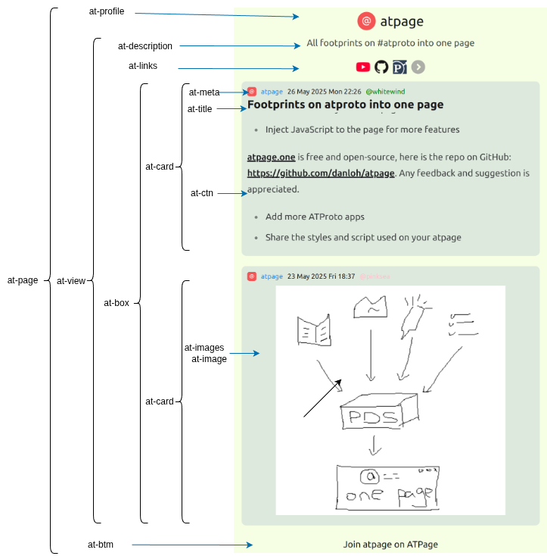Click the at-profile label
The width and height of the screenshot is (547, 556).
106,12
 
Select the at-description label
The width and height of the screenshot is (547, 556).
145,46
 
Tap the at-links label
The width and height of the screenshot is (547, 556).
143,66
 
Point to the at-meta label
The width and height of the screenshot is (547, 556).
204,92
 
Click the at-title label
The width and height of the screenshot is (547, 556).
200,109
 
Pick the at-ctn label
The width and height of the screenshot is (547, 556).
201,193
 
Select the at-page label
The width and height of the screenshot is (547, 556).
23,280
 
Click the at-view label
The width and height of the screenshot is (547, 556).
71,281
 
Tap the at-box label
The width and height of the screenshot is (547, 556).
117,302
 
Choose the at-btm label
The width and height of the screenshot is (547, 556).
101,544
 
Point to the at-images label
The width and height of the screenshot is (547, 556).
204,348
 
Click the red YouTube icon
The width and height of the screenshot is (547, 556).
363,67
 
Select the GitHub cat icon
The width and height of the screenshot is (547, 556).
381,67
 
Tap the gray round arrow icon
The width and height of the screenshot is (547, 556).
418,67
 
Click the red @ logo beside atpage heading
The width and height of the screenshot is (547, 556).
367,21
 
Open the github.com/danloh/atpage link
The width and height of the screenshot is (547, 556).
321,173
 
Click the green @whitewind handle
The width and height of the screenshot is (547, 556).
385,92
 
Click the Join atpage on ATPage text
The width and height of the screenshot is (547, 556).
390,544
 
